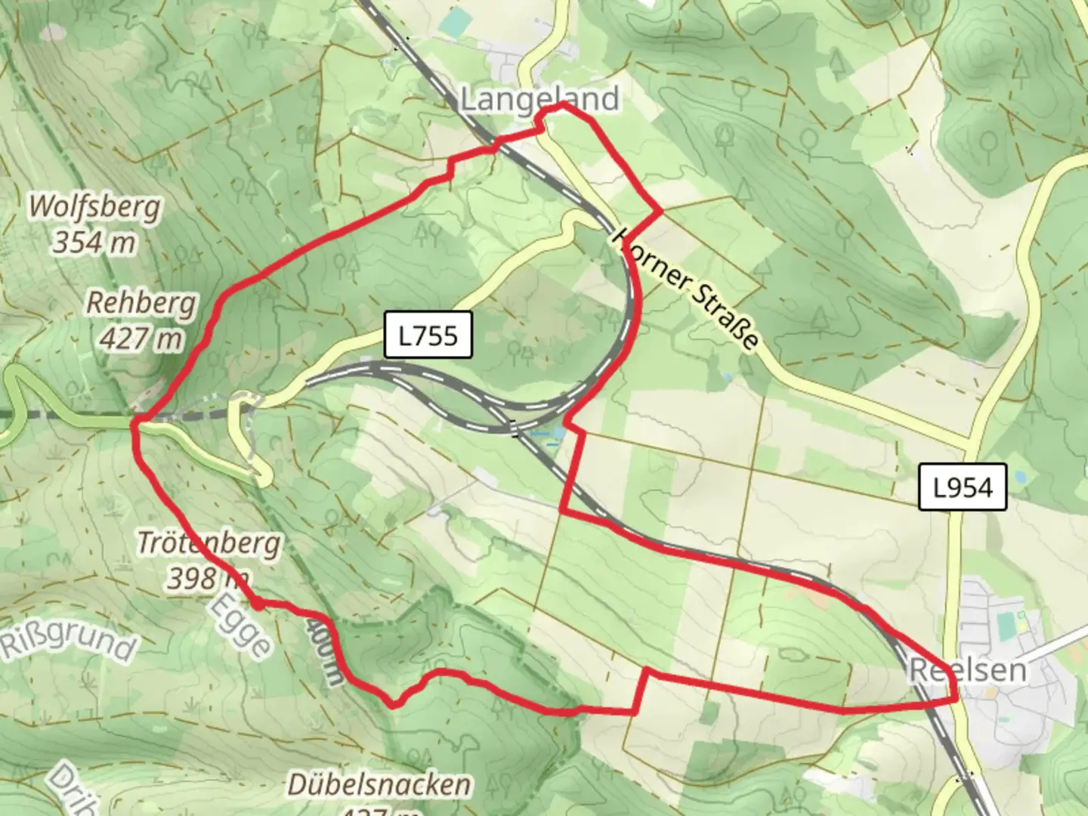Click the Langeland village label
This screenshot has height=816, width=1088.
pos(539,99)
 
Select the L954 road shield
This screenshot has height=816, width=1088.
pos(963,487)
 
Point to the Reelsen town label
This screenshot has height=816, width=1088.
pos(968,669)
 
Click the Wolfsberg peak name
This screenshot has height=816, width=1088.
pos(94,206)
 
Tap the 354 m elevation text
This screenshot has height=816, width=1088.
pos(94,242)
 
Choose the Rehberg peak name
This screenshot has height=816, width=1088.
pos(141,302)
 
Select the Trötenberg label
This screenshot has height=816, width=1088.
pos(209,542)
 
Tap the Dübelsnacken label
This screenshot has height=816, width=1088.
pos(379,785)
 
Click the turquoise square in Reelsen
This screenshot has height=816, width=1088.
pos(1006,624)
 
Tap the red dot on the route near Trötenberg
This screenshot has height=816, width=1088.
pos(258,604)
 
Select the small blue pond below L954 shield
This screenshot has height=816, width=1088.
pos(1019,479)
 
